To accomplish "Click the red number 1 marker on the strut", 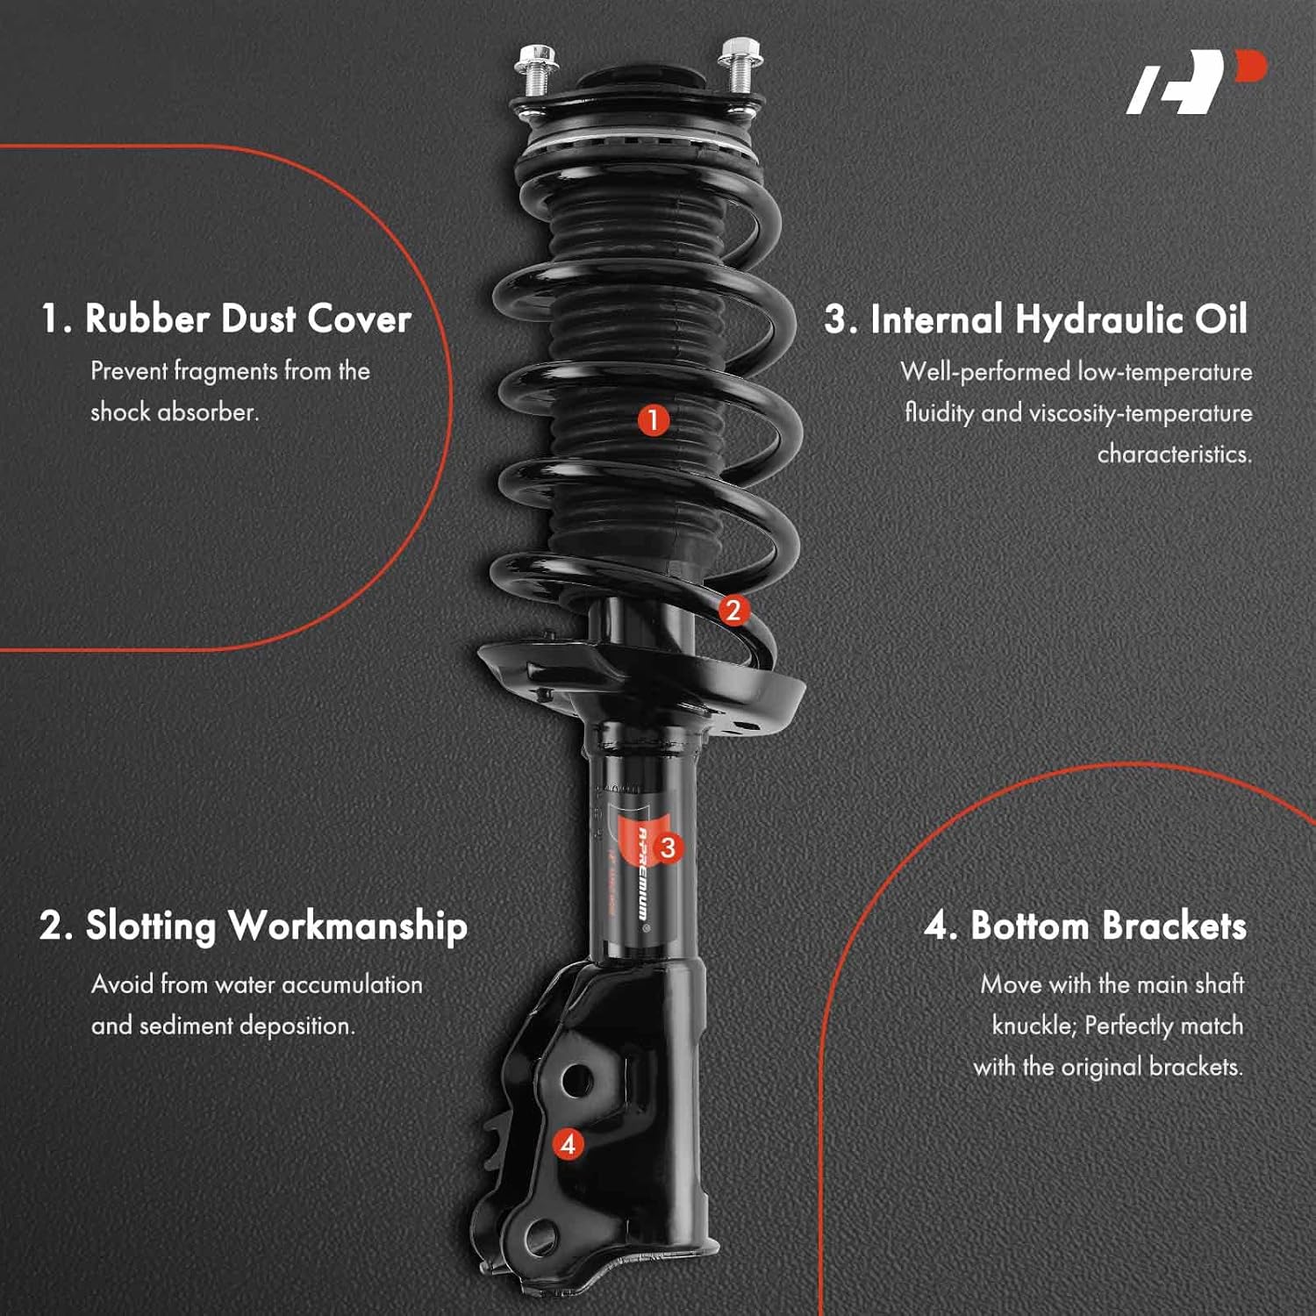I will point(653,420).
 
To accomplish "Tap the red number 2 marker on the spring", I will point(733,610).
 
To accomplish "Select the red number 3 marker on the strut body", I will point(669,848).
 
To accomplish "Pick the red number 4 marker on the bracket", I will point(568,1144).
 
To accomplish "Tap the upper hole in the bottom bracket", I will point(575,1081).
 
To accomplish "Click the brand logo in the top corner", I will point(1195,82).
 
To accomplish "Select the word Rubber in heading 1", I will point(147,318).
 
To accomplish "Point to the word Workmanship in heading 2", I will point(347,926).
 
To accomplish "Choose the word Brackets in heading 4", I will point(1174,926).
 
